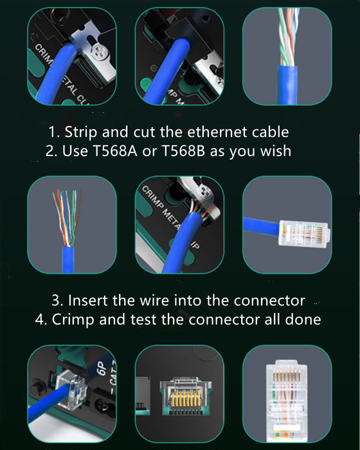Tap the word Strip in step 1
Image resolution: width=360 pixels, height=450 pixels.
click(80, 132)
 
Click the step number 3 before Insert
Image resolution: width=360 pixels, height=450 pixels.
click(57, 300)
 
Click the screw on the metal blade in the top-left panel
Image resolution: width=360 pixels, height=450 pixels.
click(98, 50)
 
